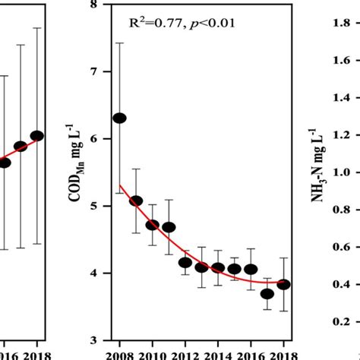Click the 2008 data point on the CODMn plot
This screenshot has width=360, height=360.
pyautogui.click(x=119, y=118)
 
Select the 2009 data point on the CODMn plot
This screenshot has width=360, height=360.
pyautogui.click(x=136, y=201)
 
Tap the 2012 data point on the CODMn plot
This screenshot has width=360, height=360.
pyautogui.click(x=185, y=263)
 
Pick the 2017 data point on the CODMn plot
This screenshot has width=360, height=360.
pyautogui.click(x=267, y=294)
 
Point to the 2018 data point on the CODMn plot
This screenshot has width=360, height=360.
pyautogui.click(x=283, y=284)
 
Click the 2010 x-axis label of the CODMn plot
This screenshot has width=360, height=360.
pyautogui.click(x=153, y=354)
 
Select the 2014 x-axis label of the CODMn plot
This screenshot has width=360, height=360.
pyautogui.click(x=218, y=354)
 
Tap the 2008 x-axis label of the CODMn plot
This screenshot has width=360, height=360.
pyautogui.click(x=119, y=354)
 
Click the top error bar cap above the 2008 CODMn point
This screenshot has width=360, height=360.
pyautogui.click(x=119, y=43)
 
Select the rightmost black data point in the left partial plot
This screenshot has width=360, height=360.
pyautogui.click(x=36, y=136)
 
